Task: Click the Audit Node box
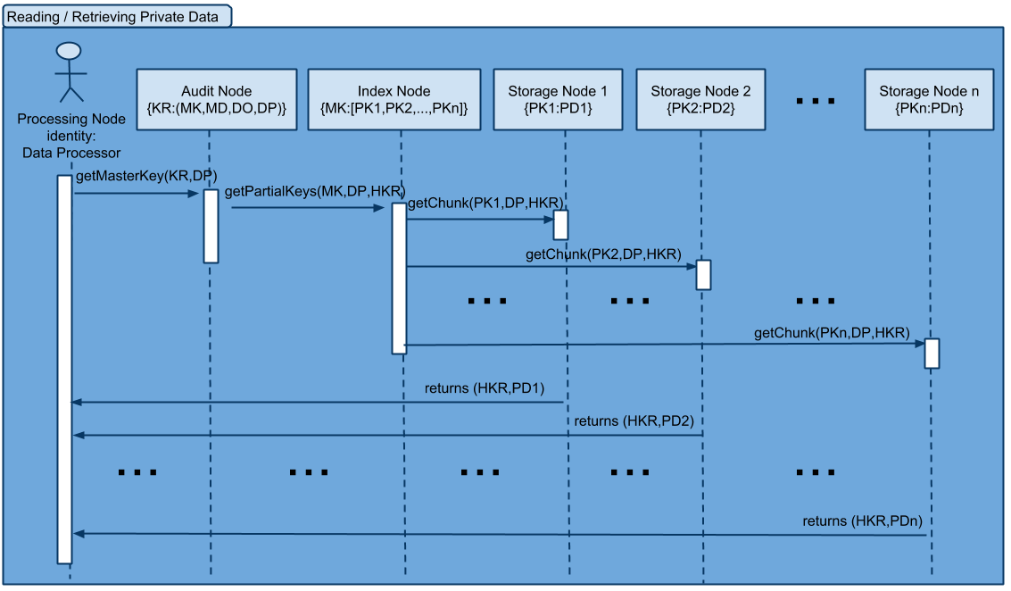(217, 100)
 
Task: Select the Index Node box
(394, 100)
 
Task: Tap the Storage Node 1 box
(558, 100)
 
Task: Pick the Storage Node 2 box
(700, 100)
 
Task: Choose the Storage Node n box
(929, 100)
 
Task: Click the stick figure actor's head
(69, 51)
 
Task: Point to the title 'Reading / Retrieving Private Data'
(112, 17)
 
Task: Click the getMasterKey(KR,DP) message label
(146, 176)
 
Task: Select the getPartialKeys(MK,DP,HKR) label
(315, 192)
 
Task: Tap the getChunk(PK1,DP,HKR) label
(485, 204)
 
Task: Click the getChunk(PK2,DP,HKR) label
(603, 254)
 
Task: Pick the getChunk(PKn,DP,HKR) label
(832, 333)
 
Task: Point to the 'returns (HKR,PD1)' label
(485, 388)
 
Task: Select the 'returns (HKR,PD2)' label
(634, 421)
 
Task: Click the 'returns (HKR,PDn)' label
(862, 521)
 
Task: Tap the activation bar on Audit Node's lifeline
(211, 226)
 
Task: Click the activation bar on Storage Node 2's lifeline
(703, 275)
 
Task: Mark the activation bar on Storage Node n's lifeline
(932, 354)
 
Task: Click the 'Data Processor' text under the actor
(71, 153)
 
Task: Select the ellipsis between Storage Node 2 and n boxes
(816, 101)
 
